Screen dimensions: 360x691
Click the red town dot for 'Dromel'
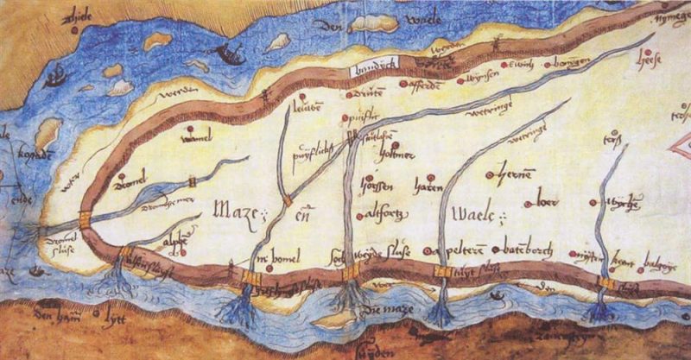click(x=117, y=181)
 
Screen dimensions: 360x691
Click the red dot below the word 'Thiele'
click(x=74, y=29)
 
